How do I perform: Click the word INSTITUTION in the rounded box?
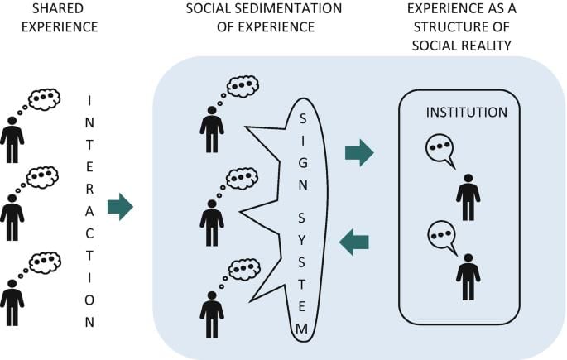click(x=466, y=112)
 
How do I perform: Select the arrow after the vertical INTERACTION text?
click(x=120, y=207)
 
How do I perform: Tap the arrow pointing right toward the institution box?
click(x=358, y=152)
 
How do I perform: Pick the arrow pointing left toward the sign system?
click(x=355, y=242)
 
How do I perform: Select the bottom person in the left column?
click(x=12, y=301)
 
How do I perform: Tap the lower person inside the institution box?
click(x=468, y=276)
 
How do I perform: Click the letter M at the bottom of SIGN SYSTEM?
click(x=303, y=329)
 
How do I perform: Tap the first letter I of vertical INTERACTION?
click(x=89, y=101)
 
